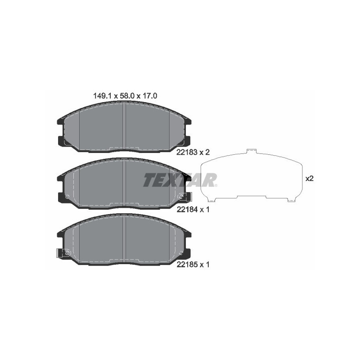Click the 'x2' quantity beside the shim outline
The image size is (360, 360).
pos(309,178)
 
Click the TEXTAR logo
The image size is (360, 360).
pos(180,180)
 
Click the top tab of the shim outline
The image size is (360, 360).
pos(252,151)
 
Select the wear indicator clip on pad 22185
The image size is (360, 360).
pos(62,253)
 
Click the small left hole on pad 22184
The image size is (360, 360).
pos(67,197)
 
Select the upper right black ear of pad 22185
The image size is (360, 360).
pos(188,234)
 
